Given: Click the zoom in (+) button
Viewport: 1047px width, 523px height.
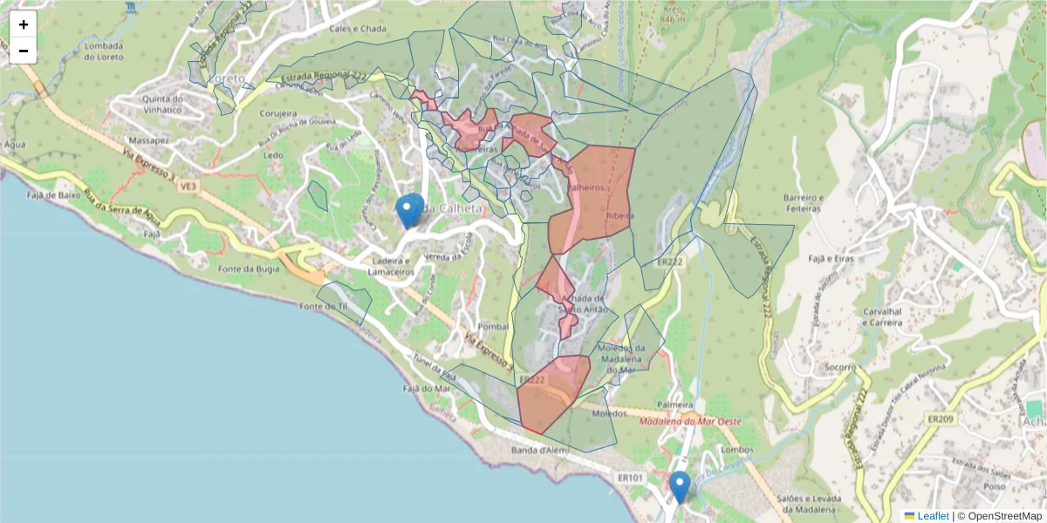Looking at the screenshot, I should click(x=24, y=24).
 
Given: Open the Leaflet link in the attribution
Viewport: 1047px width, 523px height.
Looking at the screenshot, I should click(x=932, y=516).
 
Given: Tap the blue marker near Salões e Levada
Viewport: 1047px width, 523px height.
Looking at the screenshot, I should click(x=680, y=486).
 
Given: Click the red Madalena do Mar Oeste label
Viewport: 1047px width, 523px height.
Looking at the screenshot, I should click(x=690, y=422).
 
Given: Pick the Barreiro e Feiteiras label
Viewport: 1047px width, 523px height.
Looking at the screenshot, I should click(x=803, y=203).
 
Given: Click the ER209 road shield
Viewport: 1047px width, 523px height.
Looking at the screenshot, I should click(x=941, y=419).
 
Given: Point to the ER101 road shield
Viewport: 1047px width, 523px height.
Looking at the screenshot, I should click(x=629, y=478).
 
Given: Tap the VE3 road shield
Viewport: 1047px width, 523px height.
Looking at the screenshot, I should click(x=190, y=186).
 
